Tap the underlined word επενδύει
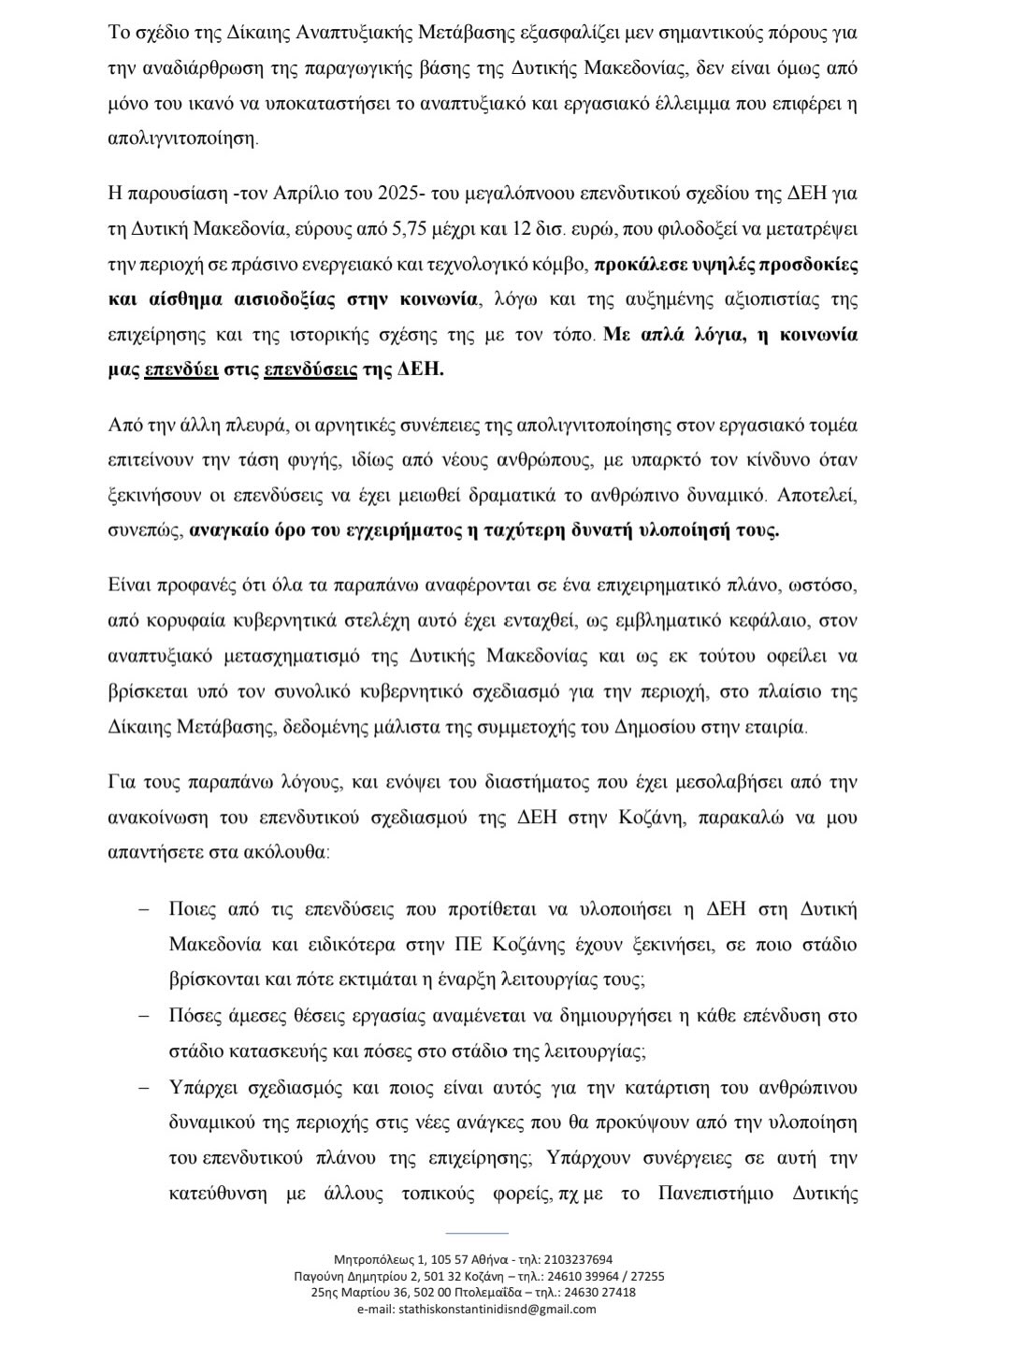pos(181,369)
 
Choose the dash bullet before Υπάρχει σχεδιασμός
pos(144,1088)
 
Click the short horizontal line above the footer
pos(477,1233)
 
